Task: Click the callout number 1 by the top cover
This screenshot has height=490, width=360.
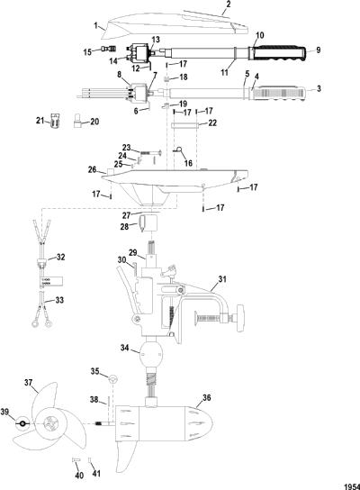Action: tap(96, 25)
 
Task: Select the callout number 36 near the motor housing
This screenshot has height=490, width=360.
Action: tap(207, 397)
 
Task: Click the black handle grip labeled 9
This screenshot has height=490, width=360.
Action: tap(279, 53)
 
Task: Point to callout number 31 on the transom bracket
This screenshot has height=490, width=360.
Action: tap(222, 278)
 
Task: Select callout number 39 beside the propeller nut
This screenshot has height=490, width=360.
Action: tap(4, 413)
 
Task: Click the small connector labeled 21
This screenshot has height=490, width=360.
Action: tap(55, 121)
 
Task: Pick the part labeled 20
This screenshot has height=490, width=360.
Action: tap(77, 122)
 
